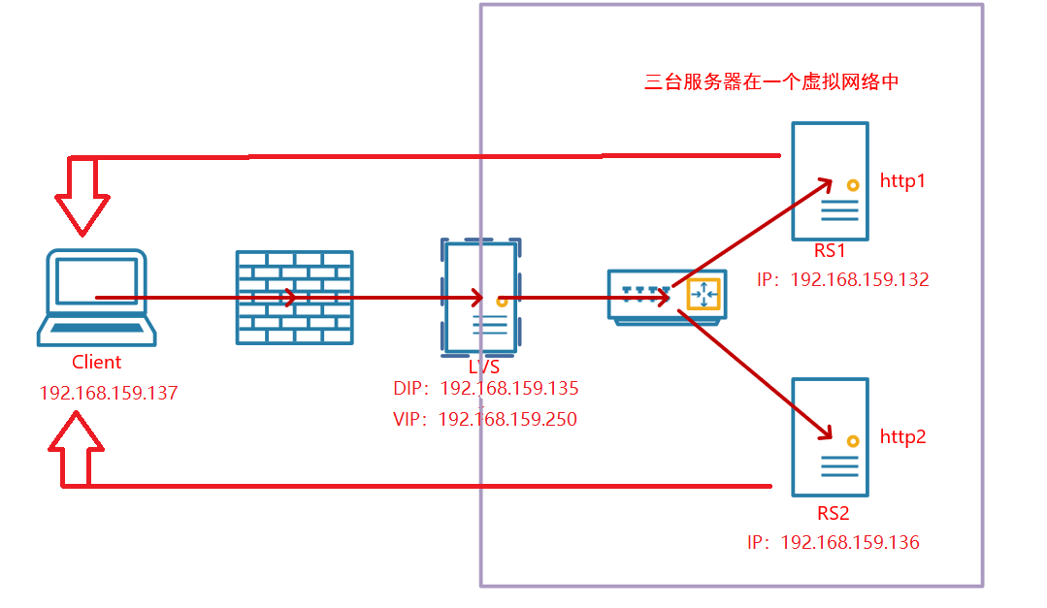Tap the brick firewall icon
click(294, 298)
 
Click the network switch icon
click(666, 295)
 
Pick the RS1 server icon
click(830, 181)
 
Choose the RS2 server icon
click(830, 437)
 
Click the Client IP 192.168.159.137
click(109, 394)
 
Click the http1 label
click(902, 180)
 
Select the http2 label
click(902, 437)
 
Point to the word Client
click(97, 363)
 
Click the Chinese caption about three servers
click(772, 82)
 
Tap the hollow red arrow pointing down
click(82, 199)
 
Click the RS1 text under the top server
click(830, 252)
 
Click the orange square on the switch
click(703, 294)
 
